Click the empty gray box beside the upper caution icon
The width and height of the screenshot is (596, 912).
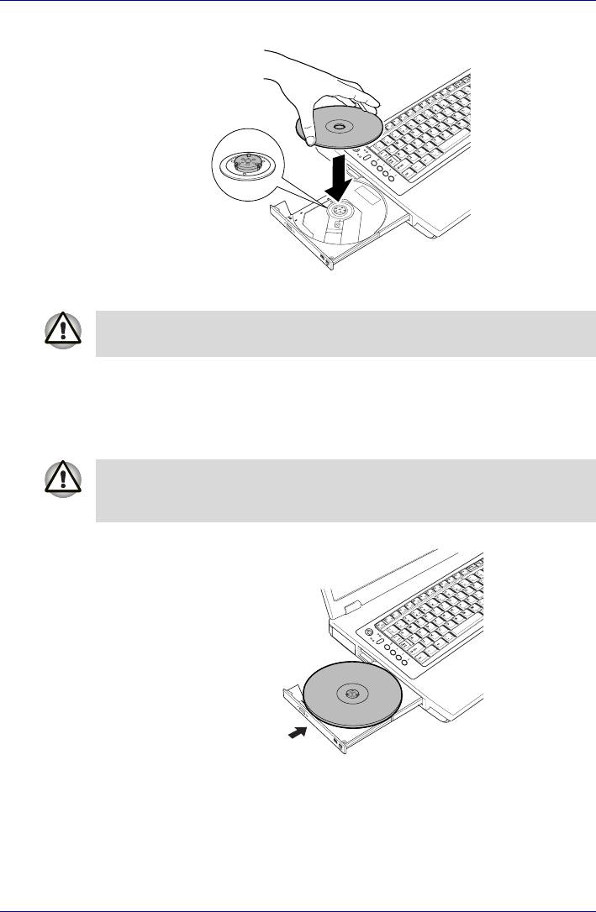pos(345,333)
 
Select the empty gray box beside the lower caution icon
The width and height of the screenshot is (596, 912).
pos(345,490)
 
